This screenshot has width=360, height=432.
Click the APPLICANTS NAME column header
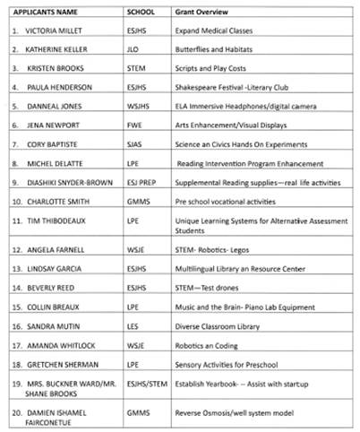pyautogui.click(x=46, y=12)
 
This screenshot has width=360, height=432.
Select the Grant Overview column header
pyautogui.click(x=198, y=12)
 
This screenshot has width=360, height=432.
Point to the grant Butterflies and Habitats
pyautogui.click(x=212, y=48)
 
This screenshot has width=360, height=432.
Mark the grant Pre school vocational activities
pyautogui.click(x=225, y=201)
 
